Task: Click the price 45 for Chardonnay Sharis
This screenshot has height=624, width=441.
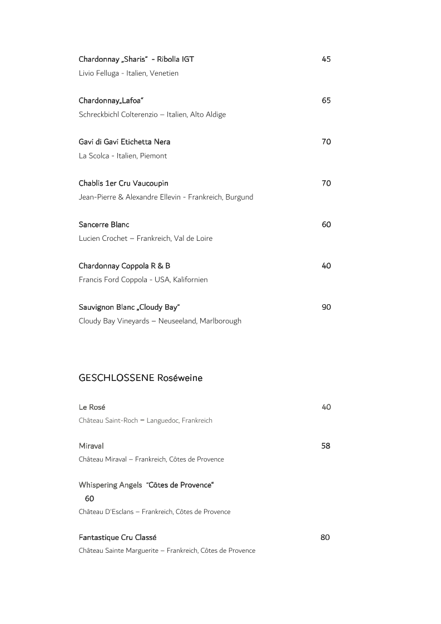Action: [x=326, y=59]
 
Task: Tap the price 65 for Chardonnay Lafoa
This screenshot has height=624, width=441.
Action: [x=326, y=101]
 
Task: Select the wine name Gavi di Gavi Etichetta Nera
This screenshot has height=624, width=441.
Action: [x=125, y=142]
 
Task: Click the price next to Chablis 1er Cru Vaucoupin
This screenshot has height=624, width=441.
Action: [x=326, y=183]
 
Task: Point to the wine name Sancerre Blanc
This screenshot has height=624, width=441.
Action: [x=104, y=225]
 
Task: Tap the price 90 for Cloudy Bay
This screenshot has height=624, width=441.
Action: [x=326, y=307]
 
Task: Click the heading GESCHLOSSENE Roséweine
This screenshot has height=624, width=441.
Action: [x=141, y=378]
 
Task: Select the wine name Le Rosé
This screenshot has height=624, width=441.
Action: [x=92, y=407]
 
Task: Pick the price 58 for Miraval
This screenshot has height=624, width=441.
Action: [x=325, y=445]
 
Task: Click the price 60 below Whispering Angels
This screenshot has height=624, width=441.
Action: [x=90, y=498]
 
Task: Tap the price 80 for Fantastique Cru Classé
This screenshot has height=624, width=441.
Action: [x=325, y=537]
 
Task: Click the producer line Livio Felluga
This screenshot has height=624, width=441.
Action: [x=128, y=73]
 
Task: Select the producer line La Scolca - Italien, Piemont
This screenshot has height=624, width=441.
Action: [x=123, y=156]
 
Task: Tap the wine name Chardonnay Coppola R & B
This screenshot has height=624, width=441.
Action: [x=125, y=266]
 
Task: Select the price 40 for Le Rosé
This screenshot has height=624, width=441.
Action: [x=326, y=407]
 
